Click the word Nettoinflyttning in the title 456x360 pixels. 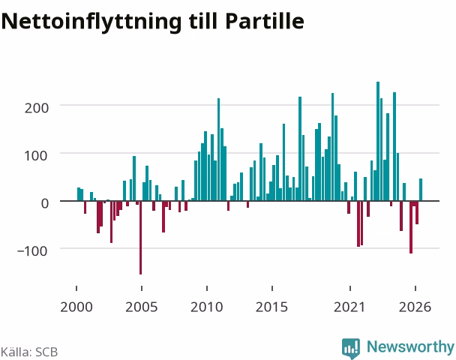point(91,22)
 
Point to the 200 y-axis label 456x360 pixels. point(36,108)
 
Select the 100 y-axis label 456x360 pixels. point(36,156)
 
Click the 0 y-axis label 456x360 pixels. point(45,203)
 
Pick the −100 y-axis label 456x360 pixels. point(32,250)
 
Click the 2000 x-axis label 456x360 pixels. point(76,307)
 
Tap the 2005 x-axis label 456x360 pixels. point(141,307)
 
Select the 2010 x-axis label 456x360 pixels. point(206,307)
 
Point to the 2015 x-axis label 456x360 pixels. point(271,307)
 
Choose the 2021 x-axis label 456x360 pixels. point(349,307)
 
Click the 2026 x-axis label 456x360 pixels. point(415,307)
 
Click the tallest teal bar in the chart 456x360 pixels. point(378,141)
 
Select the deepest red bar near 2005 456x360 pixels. point(140,238)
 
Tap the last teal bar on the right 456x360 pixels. point(421,190)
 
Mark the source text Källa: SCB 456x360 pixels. point(29,352)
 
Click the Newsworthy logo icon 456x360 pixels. point(351,348)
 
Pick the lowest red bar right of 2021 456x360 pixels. point(411,227)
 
